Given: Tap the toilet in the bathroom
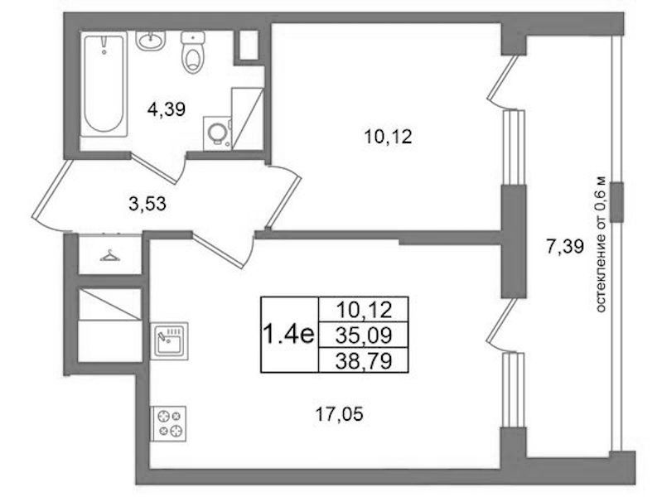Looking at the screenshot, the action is coord(193,52).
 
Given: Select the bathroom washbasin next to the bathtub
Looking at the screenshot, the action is coord(150,40).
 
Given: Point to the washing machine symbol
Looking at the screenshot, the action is coord(217,133).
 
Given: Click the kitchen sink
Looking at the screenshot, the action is coord(169,340).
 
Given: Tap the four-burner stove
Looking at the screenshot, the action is coord(168,424).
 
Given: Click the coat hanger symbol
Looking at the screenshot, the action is coord(109,256).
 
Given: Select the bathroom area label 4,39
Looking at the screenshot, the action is coord(167,110).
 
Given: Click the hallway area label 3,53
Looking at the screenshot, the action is coord(147,204).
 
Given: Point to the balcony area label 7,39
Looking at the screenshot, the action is coord(565,246).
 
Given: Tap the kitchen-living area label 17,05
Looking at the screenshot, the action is coord(339,415).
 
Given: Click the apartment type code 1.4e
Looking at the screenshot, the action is coord(289,335).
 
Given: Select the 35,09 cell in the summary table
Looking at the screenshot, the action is coord(364,335).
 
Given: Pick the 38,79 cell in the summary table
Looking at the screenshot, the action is coord(364,360).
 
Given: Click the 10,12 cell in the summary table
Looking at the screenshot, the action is coord(364,310).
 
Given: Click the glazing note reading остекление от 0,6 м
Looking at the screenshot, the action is coord(601,244).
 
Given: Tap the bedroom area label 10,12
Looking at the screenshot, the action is coord(388,138).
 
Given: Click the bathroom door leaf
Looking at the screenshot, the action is coord(154,169).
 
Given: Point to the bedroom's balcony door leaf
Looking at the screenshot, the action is coord(503,79).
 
